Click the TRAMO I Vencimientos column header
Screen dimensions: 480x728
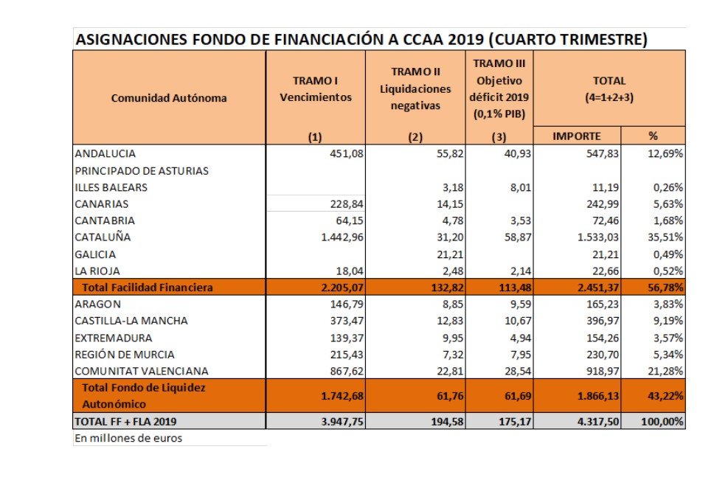tap(316, 88)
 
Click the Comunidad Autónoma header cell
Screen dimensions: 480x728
tap(169, 97)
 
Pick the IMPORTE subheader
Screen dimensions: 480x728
tap(577, 136)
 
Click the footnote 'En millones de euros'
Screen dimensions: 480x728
tap(128, 438)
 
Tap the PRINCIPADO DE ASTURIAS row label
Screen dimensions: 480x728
tap(142, 171)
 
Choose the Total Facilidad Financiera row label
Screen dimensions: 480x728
tap(148, 288)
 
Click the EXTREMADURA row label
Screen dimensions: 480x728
tap(114, 338)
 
